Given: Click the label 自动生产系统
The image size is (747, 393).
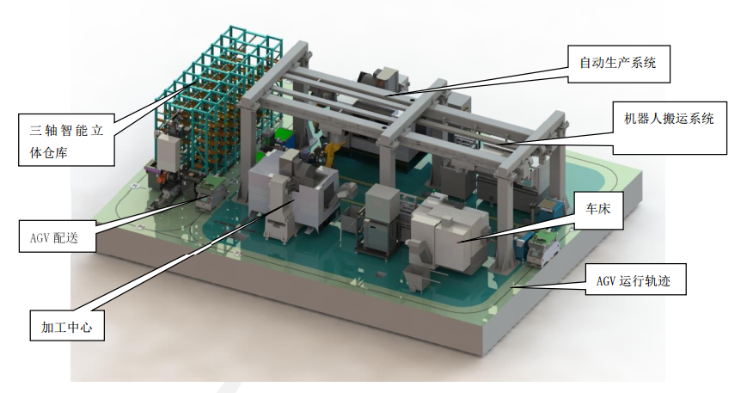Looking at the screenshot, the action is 618,64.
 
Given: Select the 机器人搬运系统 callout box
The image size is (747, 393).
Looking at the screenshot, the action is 670,127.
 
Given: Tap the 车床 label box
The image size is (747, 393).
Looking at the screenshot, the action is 598,210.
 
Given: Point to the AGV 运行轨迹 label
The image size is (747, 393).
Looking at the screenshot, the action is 635,279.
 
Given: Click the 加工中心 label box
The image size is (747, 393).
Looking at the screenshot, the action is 67,326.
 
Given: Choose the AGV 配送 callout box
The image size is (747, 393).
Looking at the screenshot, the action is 58,236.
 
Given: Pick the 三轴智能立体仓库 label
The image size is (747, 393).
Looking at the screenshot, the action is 66,139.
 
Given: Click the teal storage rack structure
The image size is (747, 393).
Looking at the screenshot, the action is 219,95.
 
